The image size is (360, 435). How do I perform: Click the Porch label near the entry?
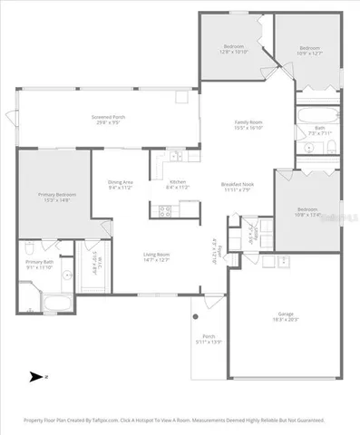point(208,338)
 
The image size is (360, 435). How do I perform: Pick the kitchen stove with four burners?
point(165,210)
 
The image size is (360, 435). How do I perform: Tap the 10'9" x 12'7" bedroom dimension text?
point(310,52)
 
